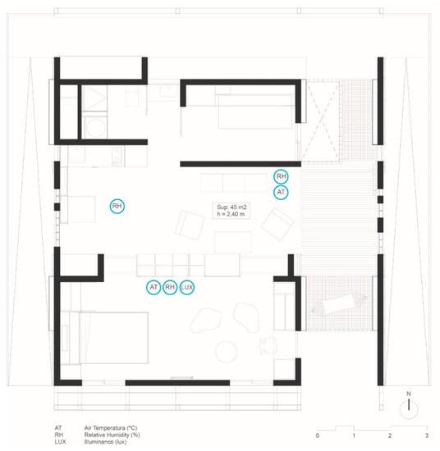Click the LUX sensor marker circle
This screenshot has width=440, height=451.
(187, 287)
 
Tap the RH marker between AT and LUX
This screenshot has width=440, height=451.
(170, 287)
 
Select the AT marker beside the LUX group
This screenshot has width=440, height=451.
(154, 287)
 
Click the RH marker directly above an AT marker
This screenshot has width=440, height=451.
(281, 176)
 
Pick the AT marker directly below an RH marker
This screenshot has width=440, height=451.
(281, 192)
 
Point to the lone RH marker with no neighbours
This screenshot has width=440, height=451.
(117, 206)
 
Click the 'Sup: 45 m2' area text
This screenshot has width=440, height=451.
(231, 207)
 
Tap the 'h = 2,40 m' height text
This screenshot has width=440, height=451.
(231, 214)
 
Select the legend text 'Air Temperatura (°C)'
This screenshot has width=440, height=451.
(111, 428)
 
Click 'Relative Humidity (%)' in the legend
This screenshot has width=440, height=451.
(112, 435)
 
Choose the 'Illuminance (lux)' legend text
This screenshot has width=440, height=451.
(105, 442)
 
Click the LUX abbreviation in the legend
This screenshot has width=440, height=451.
(60, 442)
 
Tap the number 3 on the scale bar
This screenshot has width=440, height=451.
(427, 435)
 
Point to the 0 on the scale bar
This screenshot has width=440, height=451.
(318, 435)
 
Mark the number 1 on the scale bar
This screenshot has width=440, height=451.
(354, 435)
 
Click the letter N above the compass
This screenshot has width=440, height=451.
(409, 394)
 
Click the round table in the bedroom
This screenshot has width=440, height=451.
(227, 352)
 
